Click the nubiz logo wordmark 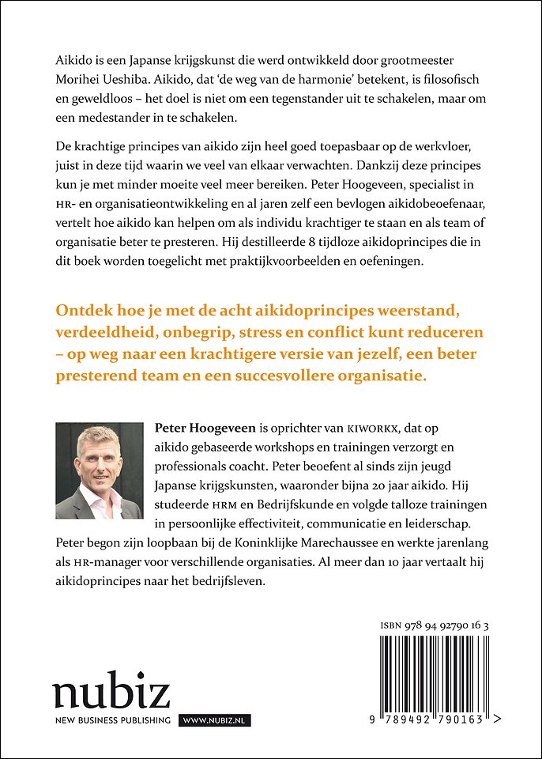(111, 693)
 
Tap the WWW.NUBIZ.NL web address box (216, 720)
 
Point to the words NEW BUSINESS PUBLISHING (112, 720)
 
